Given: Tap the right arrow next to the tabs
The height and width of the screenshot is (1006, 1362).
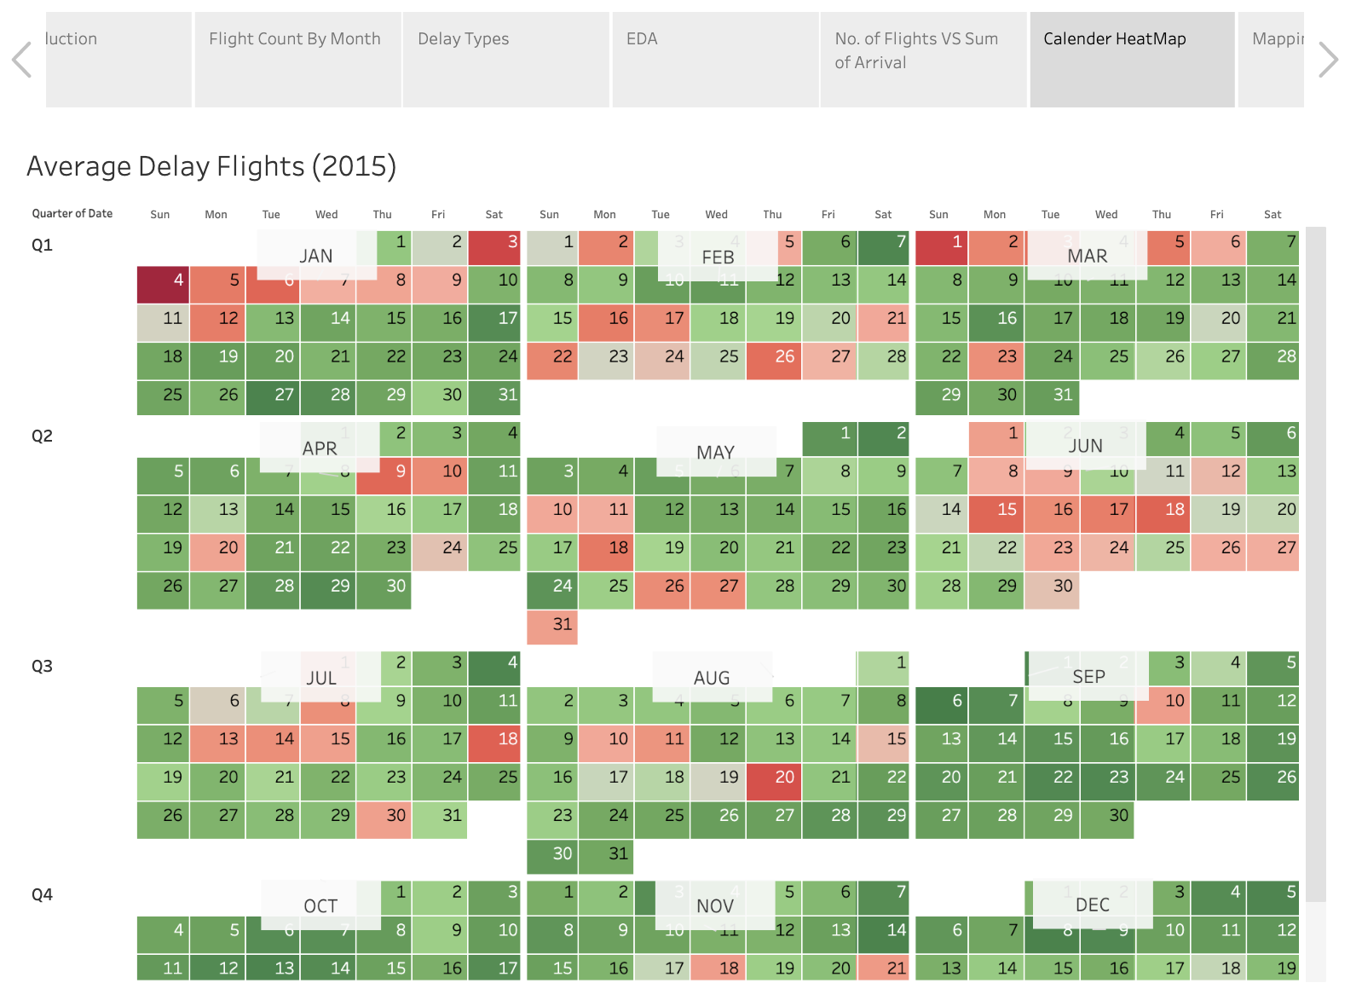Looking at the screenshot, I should click(x=1328, y=60).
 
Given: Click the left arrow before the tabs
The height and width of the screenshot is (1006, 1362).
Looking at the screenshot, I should click(x=22, y=60).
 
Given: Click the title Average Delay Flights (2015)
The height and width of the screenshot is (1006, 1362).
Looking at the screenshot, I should click(x=211, y=165).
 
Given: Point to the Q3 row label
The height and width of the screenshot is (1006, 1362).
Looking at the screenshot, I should click(x=42, y=666).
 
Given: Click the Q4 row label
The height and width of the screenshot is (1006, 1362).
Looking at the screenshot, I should click(x=42, y=894).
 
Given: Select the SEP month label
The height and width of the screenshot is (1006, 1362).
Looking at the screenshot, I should click(x=1088, y=677).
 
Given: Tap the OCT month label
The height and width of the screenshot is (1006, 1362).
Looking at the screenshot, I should click(x=320, y=905).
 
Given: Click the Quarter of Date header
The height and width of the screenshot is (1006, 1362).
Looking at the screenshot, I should click(x=72, y=213).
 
